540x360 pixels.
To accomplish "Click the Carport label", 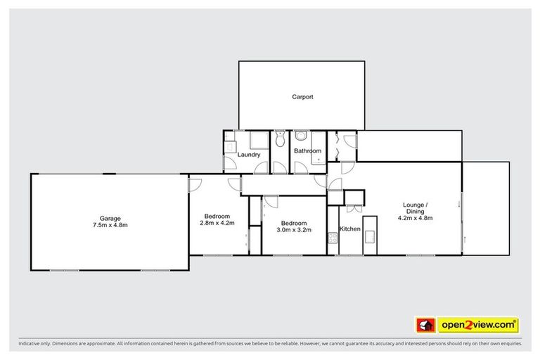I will [302, 97].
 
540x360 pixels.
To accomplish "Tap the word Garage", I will [109, 218].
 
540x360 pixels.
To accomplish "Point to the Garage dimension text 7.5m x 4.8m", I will [109, 225].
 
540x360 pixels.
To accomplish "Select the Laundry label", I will [249, 155].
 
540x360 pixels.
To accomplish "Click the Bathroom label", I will [307, 151].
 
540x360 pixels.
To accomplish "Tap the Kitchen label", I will [350, 229].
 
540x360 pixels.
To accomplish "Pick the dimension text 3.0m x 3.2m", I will [292, 229].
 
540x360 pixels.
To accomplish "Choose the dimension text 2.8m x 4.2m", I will [219, 223].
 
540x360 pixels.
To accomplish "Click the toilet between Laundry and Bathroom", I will [279, 139].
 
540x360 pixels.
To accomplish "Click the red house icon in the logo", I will [424, 326].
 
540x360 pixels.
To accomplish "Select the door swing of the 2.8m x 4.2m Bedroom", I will [195, 184].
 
